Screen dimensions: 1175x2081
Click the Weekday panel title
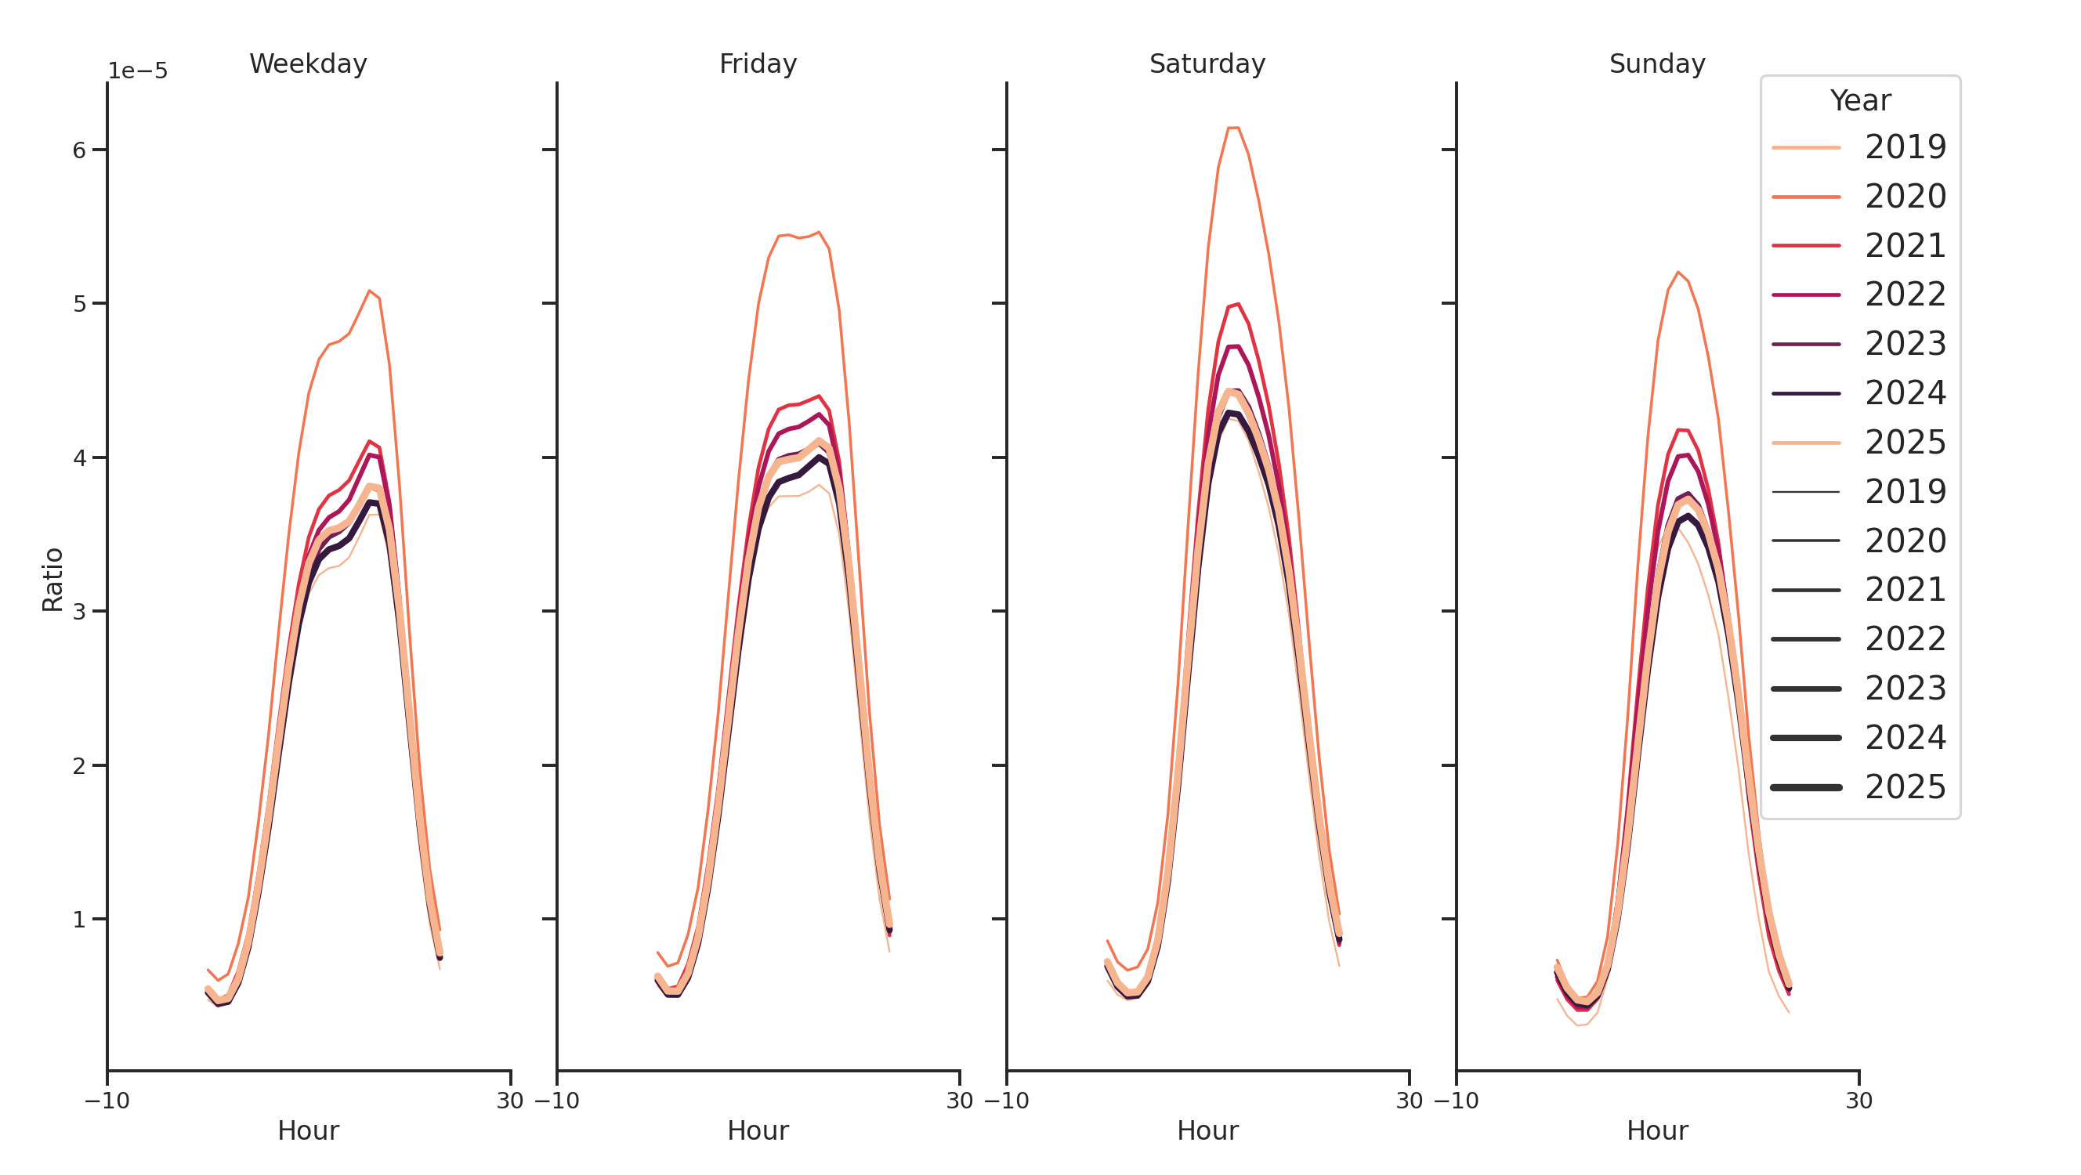pos(308,63)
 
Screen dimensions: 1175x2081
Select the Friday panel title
pos(758,63)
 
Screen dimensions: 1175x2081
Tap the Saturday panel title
pos(1207,63)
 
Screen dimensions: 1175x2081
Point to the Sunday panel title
pos(1657,63)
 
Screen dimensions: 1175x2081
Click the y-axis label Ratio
pos(52,579)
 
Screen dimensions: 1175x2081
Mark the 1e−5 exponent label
pos(137,71)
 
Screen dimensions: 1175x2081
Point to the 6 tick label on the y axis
pos(79,150)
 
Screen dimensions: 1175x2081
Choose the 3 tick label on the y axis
pos(79,611)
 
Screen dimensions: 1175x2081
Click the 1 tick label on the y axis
pos(79,919)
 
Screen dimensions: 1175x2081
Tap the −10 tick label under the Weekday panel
pos(107,1100)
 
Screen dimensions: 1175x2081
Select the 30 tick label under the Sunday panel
pos(1858,1100)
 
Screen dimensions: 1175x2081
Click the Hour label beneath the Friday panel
pos(758,1130)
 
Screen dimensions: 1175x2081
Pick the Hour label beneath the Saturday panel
pos(1207,1130)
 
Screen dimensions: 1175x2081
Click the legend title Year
pos(1859,101)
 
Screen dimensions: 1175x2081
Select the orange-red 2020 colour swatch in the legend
pos(1805,197)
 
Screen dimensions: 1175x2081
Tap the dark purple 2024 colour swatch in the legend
pos(1805,394)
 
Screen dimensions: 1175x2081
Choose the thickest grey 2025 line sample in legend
pos(1805,787)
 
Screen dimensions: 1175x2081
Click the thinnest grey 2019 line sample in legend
pos(1805,492)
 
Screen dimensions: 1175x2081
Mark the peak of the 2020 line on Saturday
pos(1232,128)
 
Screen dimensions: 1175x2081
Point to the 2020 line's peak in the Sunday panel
pos(1678,272)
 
